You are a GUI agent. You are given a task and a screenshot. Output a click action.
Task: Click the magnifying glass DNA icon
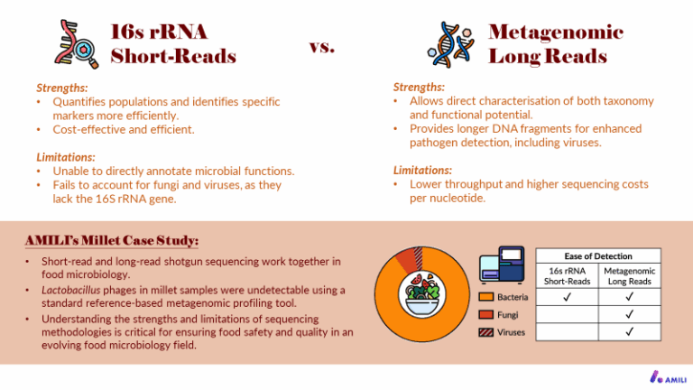(x=76, y=43)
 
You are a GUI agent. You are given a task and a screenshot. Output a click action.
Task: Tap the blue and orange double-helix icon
(x=451, y=44)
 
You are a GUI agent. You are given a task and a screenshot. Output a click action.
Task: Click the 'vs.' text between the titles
(x=322, y=46)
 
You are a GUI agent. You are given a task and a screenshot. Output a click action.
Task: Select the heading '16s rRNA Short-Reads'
(x=173, y=43)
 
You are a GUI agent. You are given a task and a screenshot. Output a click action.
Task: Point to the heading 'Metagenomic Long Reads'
(x=556, y=43)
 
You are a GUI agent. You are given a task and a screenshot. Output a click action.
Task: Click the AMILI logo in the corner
(x=668, y=377)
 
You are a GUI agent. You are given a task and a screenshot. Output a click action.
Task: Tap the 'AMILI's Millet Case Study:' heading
(x=112, y=240)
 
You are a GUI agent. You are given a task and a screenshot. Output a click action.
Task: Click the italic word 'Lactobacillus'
(x=70, y=290)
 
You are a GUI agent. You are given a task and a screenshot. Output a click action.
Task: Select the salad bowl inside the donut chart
(x=422, y=293)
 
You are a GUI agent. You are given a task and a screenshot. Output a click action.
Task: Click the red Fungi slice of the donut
(x=406, y=260)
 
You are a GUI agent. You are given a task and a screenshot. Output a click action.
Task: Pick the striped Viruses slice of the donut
(x=419, y=257)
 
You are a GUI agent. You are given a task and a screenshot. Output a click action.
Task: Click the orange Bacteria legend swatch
(x=485, y=297)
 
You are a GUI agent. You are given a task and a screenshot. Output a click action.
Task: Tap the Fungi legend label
(x=507, y=315)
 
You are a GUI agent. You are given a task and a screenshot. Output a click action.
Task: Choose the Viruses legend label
(x=511, y=332)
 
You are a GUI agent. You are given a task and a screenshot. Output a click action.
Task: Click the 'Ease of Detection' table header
(x=598, y=256)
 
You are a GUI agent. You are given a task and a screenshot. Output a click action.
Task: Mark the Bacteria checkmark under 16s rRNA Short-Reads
(x=567, y=297)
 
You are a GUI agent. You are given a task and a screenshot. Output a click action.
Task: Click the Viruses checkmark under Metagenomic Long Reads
(x=629, y=331)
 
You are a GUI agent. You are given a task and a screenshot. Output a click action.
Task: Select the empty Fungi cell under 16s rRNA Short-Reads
(x=567, y=314)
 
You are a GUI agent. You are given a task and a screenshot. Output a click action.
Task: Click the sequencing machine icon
(x=502, y=265)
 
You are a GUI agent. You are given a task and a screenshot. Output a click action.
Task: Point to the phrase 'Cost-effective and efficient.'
(x=124, y=130)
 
